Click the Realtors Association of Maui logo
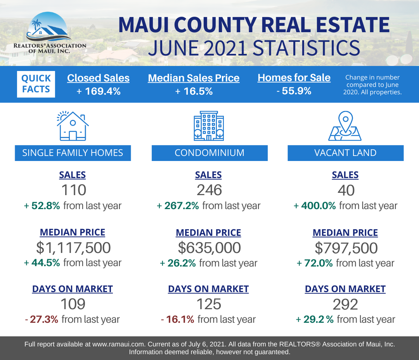pos(50,33)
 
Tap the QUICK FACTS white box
pos(36,84)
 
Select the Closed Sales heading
pos(98,78)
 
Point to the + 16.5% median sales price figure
pos(194,92)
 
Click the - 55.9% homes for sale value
pos(294,91)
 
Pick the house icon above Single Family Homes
pos(73,126)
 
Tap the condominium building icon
pos(209,126)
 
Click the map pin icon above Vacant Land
pos(345,126)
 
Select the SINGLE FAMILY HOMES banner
pos(73,153)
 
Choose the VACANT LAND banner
pos(346,153)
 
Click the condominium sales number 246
pos(209,190)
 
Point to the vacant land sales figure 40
pos(346,190)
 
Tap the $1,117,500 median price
pos(73,247)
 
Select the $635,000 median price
pos(209,247)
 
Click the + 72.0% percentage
pos(315,263)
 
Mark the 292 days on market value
pos(345,305)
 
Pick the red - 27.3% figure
pos(42,319)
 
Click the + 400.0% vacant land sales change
pos(315,206)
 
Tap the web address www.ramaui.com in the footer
pos(118,344)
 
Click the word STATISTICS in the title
pos(306,48)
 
